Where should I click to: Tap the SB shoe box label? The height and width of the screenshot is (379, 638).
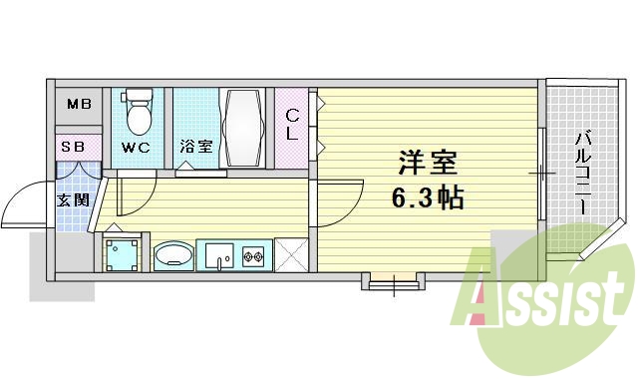[74, 147]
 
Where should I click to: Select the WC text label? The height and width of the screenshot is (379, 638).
[136, 148]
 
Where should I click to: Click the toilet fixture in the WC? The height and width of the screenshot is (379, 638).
[139, 112]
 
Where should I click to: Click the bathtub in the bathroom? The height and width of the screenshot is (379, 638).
[243, 129]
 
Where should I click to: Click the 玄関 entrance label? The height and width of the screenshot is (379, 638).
[73, 199]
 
